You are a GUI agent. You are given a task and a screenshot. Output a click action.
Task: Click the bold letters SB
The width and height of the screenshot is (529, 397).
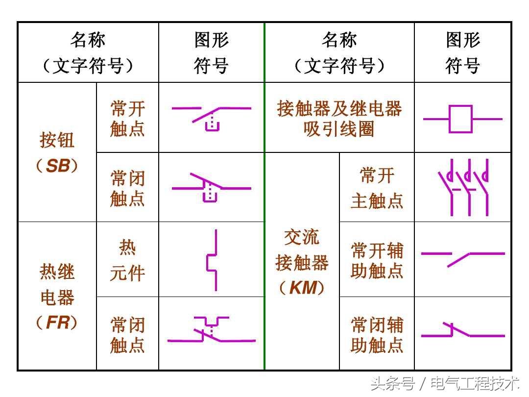pyautogui.click(x=58, y=166)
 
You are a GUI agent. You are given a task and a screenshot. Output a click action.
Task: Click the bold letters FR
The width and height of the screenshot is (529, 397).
pyautogui.click(x=57, y=323)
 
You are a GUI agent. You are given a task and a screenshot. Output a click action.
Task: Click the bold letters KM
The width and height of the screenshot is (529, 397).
pyautogui.click(x=302, y=288)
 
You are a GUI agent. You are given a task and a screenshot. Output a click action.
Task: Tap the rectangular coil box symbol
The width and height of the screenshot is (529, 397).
pyautogui.click(x=461, y=119)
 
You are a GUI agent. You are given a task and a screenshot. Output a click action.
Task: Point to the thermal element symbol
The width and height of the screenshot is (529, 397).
pyautogui.click(x=212, y=260)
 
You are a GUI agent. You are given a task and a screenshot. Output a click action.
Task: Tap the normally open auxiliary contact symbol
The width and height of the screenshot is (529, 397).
pyautogui.click(x=462, y=257)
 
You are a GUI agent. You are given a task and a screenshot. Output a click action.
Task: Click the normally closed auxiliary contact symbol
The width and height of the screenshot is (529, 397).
pyautogui.click(x=462, y=331)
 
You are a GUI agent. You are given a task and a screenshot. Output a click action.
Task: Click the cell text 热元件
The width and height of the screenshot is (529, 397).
pyautogui.click(x=127, y=260)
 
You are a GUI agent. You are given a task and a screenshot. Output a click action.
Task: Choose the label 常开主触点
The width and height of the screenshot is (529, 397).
pyautogui.click(x=377, y=188)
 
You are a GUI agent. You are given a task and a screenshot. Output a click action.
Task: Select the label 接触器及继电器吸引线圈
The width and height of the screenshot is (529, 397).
pyautogui.click(x=339, y=119)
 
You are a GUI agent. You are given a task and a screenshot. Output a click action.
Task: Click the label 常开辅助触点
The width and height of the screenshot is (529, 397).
pyautogui.click(x=377, y=260)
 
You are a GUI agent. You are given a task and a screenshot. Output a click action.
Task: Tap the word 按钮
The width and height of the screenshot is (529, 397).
pyautogui.click(x=57, y=141)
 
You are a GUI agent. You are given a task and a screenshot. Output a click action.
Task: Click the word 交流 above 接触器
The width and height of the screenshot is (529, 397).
pyautogui.click(x=302, y=237)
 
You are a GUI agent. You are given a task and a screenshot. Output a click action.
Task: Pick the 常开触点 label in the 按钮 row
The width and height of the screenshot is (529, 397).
pyautogui.click(x=127, y=118)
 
